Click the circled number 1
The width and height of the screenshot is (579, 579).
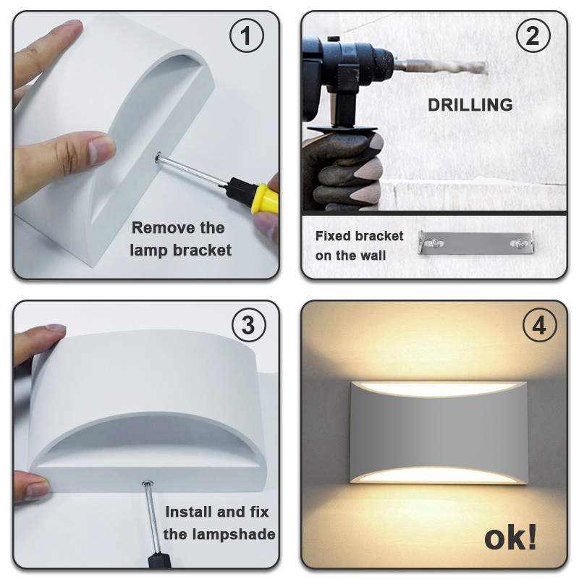(247, 35)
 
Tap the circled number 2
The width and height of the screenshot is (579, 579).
(533, 35)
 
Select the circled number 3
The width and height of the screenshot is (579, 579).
(248, 325)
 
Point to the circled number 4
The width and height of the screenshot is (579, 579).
(539, 325)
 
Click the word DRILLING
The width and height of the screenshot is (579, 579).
(470, 105)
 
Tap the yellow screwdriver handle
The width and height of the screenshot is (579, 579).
(264, 198)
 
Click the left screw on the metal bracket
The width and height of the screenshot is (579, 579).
(436, 243)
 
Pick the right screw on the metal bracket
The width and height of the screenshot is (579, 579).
(518, 243)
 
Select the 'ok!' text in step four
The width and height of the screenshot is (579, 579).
(510, 538)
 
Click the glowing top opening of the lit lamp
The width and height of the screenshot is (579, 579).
(439, 389)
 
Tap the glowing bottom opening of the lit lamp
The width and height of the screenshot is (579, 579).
(437, 475)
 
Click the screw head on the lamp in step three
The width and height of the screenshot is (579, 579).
(148, 483)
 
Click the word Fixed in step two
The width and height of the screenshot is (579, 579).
(331, 236)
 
